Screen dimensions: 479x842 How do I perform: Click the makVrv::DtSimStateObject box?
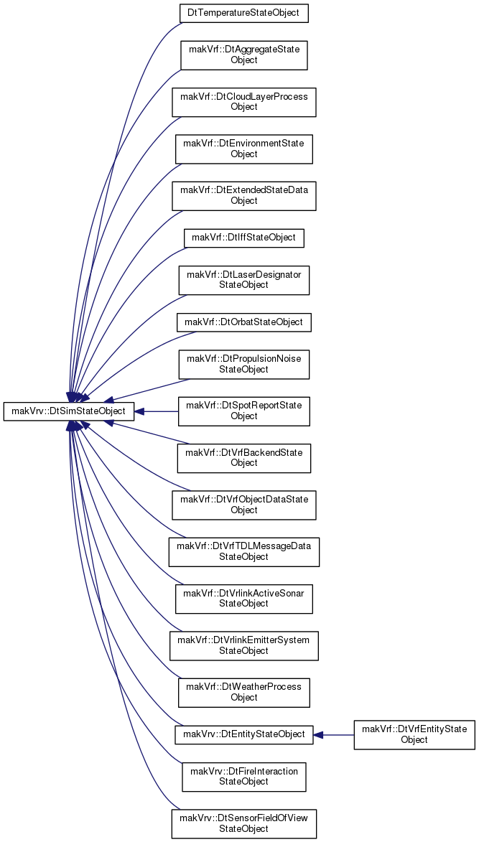tap(69, 412)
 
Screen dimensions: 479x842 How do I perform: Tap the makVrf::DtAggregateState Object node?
tap(243, 55)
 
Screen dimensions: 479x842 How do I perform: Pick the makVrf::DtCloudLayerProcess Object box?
tap(243, 101)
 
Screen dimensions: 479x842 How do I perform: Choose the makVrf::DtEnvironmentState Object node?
tap(243, 149)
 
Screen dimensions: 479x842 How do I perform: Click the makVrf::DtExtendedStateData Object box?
tap(243, 195)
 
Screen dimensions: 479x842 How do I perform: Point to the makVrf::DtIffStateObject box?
tap(243, 238)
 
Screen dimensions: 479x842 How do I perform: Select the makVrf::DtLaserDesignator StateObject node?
tap(243, 280)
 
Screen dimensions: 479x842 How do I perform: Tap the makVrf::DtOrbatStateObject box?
tap(243, 322)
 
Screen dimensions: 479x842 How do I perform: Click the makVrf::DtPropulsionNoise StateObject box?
tap(243, 364)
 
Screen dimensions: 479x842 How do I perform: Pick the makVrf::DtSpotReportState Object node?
tap(243, 411)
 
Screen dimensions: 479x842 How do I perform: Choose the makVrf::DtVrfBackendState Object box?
tap(243, 458)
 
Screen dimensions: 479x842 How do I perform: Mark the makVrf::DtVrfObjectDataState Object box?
tap(243, 505)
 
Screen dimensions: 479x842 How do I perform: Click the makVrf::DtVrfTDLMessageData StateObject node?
tap(243, 551)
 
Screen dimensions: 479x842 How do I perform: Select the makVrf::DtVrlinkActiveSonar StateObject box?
tap(243, 599)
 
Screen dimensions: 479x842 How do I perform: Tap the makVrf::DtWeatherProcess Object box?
tap(243, 693)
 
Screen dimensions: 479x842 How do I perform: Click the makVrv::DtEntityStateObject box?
tap(243, 734)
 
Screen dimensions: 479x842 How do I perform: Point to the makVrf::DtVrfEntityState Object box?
tap(414, 734)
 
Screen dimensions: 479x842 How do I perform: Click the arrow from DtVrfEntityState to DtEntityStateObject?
tap(333, 734)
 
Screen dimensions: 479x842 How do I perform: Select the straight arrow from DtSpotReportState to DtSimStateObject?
tap(156, 412)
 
